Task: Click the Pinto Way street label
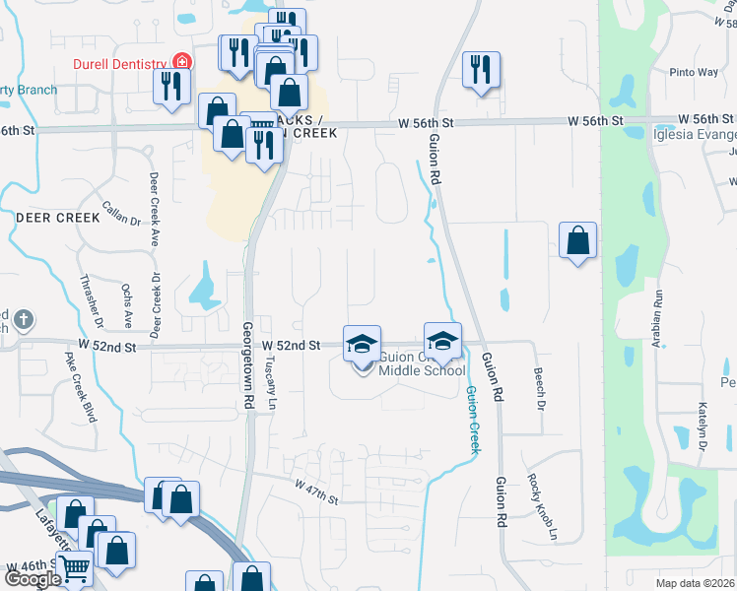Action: tap(694, 72)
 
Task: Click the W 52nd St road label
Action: tap(292, 345)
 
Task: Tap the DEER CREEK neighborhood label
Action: tap(58, 217)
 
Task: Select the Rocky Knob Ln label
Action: tap(543, 502)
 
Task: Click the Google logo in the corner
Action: tap(33, 578)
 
